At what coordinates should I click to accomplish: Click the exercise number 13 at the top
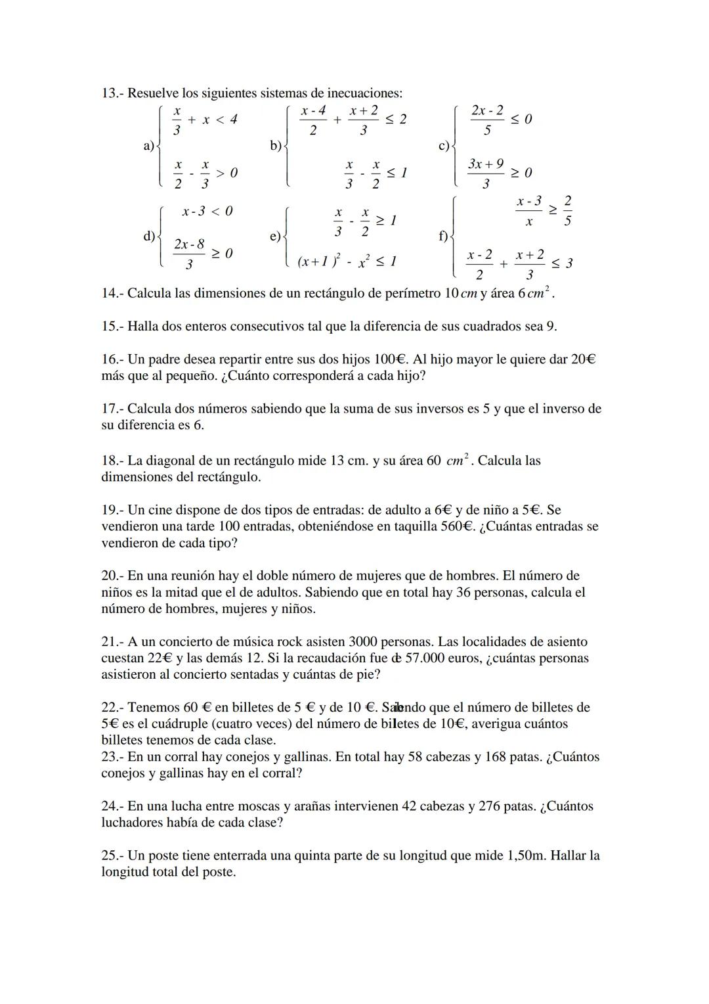click(x=109, y=93)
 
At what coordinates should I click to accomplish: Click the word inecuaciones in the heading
click(x=366, y=93)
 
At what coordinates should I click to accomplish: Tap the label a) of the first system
click(x=148, y=146)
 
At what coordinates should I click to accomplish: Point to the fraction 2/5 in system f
click(x=567, y=210)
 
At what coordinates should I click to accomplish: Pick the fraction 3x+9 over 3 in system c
click(x=486, y=173)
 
